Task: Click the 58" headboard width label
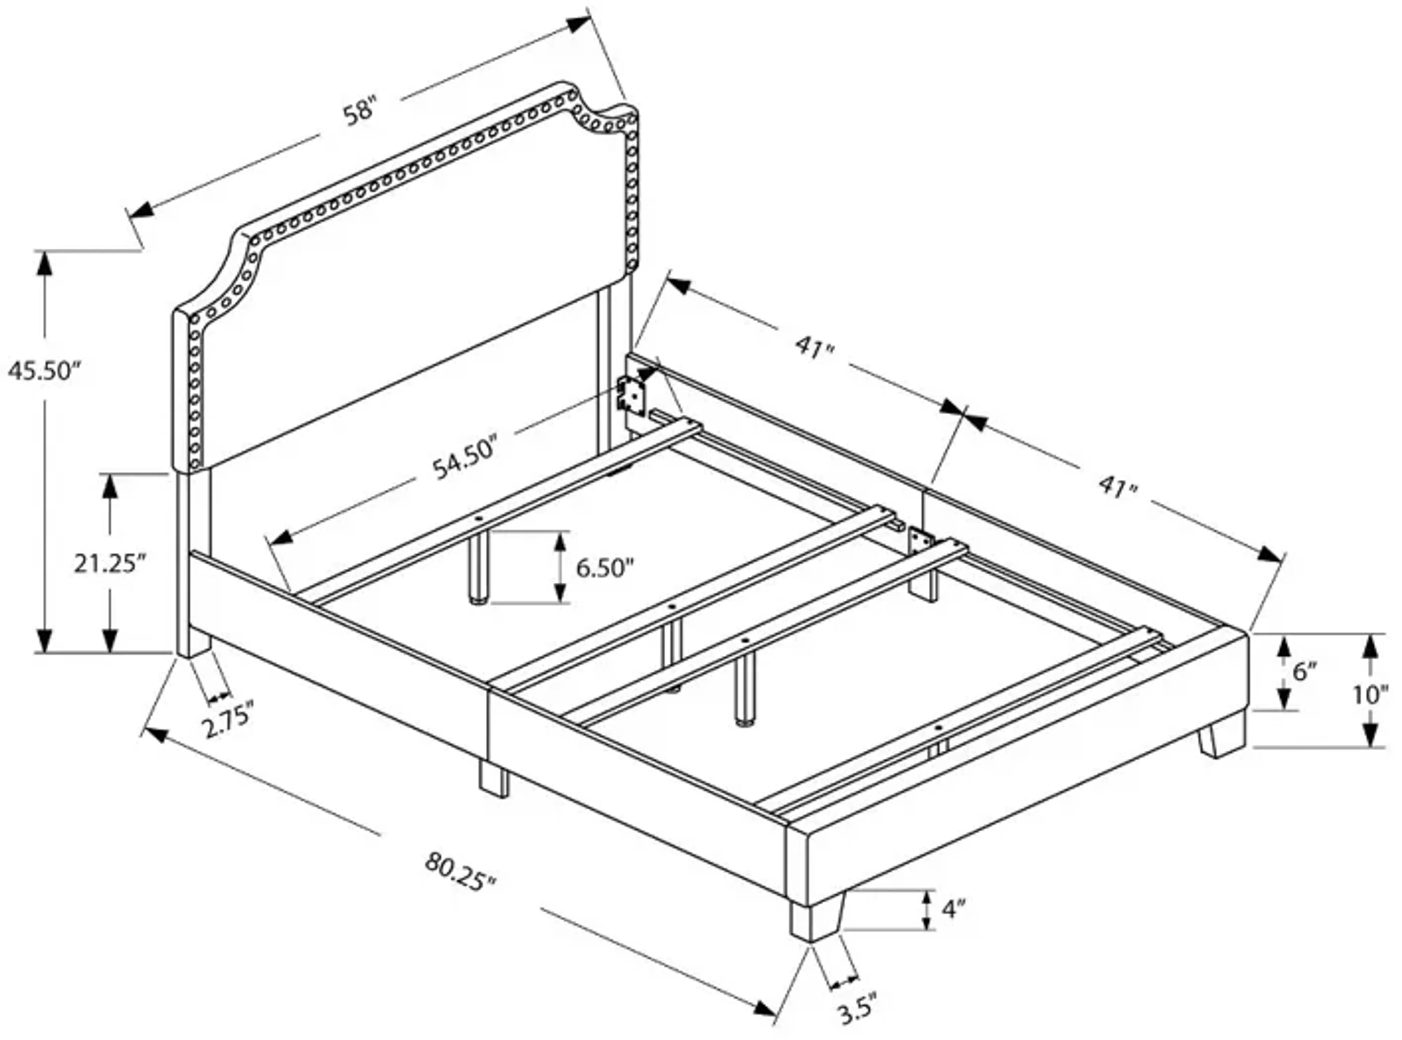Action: pos(360,114)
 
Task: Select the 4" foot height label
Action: pos(954,909)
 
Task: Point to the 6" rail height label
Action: pos(1305,672)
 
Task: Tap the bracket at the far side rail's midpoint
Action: pos(920,540)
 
